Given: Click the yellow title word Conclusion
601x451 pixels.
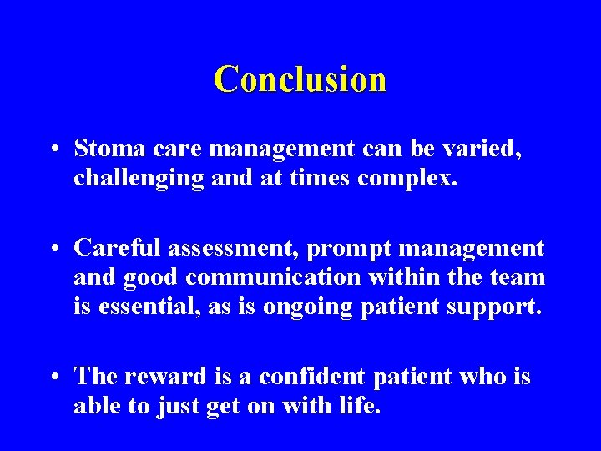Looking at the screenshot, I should coord(300,79).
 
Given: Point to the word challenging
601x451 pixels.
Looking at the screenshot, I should coord(139,178).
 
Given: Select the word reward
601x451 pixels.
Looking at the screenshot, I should coord(164,377).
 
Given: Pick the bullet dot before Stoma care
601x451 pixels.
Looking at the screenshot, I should coord(53,150).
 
